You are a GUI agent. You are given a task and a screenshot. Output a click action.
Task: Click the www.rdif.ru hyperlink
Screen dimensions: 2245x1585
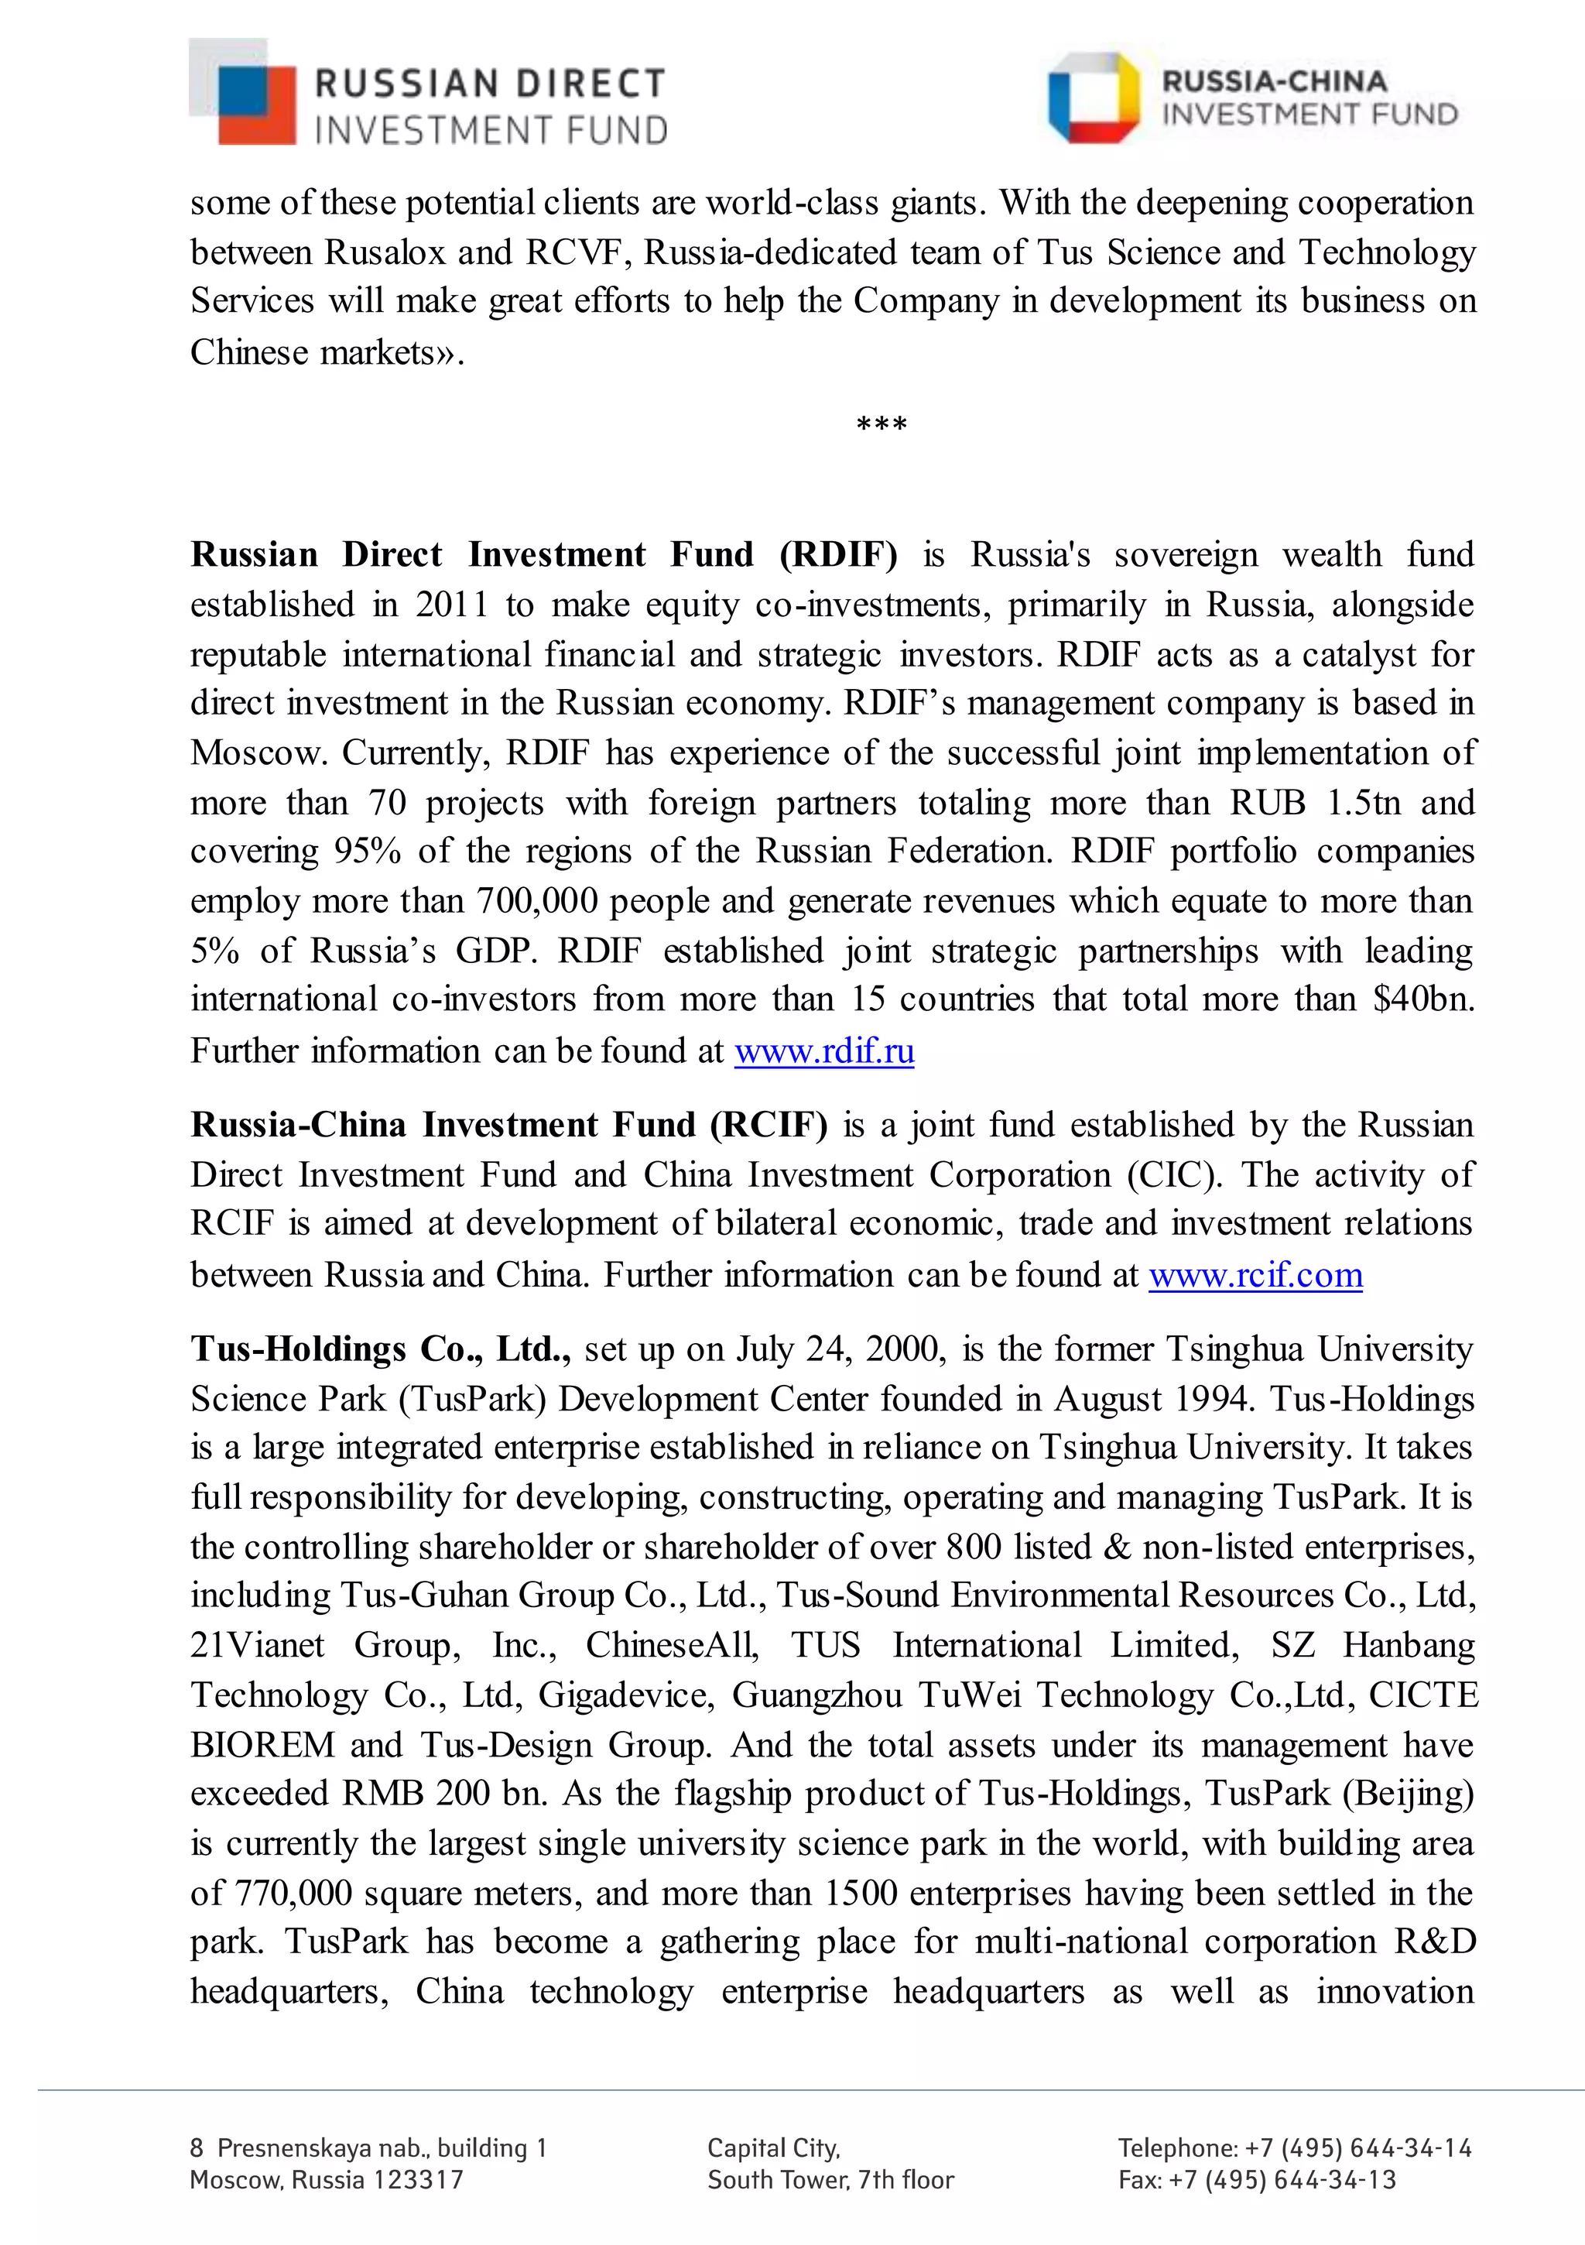tap(824, 1051)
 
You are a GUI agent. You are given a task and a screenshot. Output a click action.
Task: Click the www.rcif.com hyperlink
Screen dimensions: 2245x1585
tap(1255, 1275)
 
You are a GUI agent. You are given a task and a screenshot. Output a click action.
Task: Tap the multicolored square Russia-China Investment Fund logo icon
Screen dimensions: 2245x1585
tap(1094, 98)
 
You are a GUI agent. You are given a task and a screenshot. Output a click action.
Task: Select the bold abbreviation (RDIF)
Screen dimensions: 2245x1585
tap(838, 555)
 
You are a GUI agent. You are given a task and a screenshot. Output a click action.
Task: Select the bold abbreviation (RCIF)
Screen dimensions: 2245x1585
tap(769, 1126)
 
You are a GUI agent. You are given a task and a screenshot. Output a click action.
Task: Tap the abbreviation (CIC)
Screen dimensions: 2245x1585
tap(1173, 1175)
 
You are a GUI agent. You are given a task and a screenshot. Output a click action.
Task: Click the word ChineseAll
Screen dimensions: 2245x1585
tap(673, 1646)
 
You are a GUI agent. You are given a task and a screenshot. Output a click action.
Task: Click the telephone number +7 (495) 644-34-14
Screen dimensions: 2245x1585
tap(1358, 2148)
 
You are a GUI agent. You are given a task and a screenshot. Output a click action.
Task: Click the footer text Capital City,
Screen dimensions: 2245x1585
tap(773, 2148)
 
